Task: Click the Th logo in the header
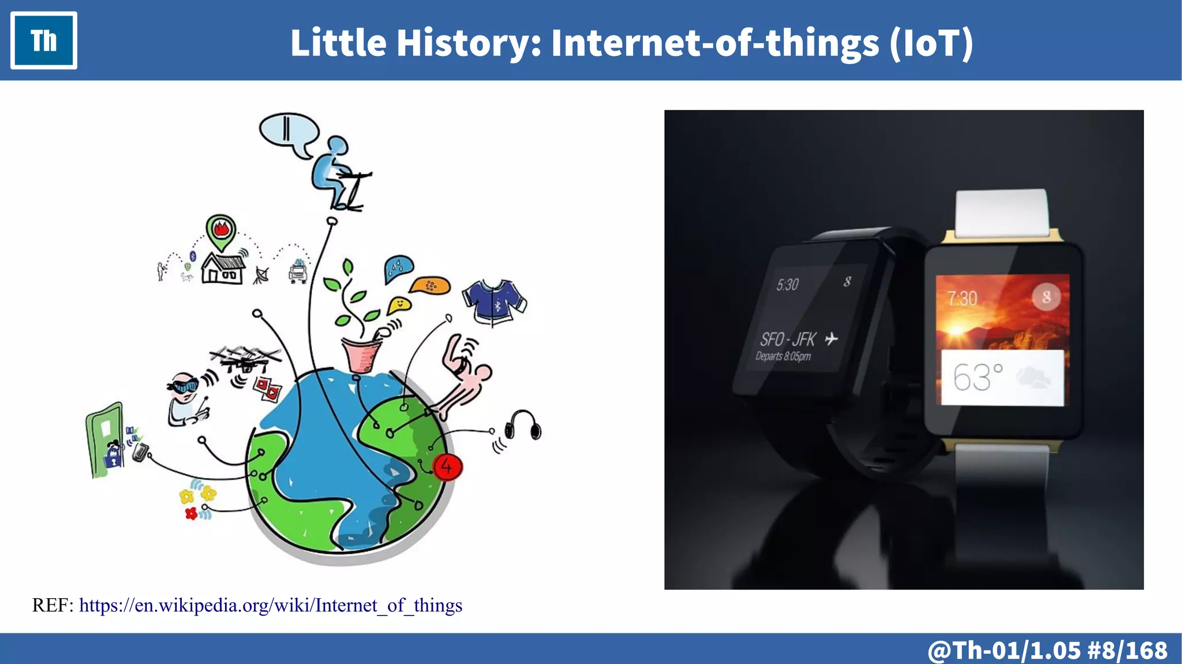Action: (x=44, y=40)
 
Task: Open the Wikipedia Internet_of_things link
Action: (x=270, y=605)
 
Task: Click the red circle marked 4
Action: (x=447, y=467)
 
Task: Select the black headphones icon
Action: (x=523, y=426)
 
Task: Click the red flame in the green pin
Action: (x=220, y=229)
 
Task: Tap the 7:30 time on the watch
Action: (x=962, y=299)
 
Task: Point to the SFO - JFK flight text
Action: (x=788, y=339)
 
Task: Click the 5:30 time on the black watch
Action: (x=787, y=285)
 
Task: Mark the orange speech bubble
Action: (x=430, y=285)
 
